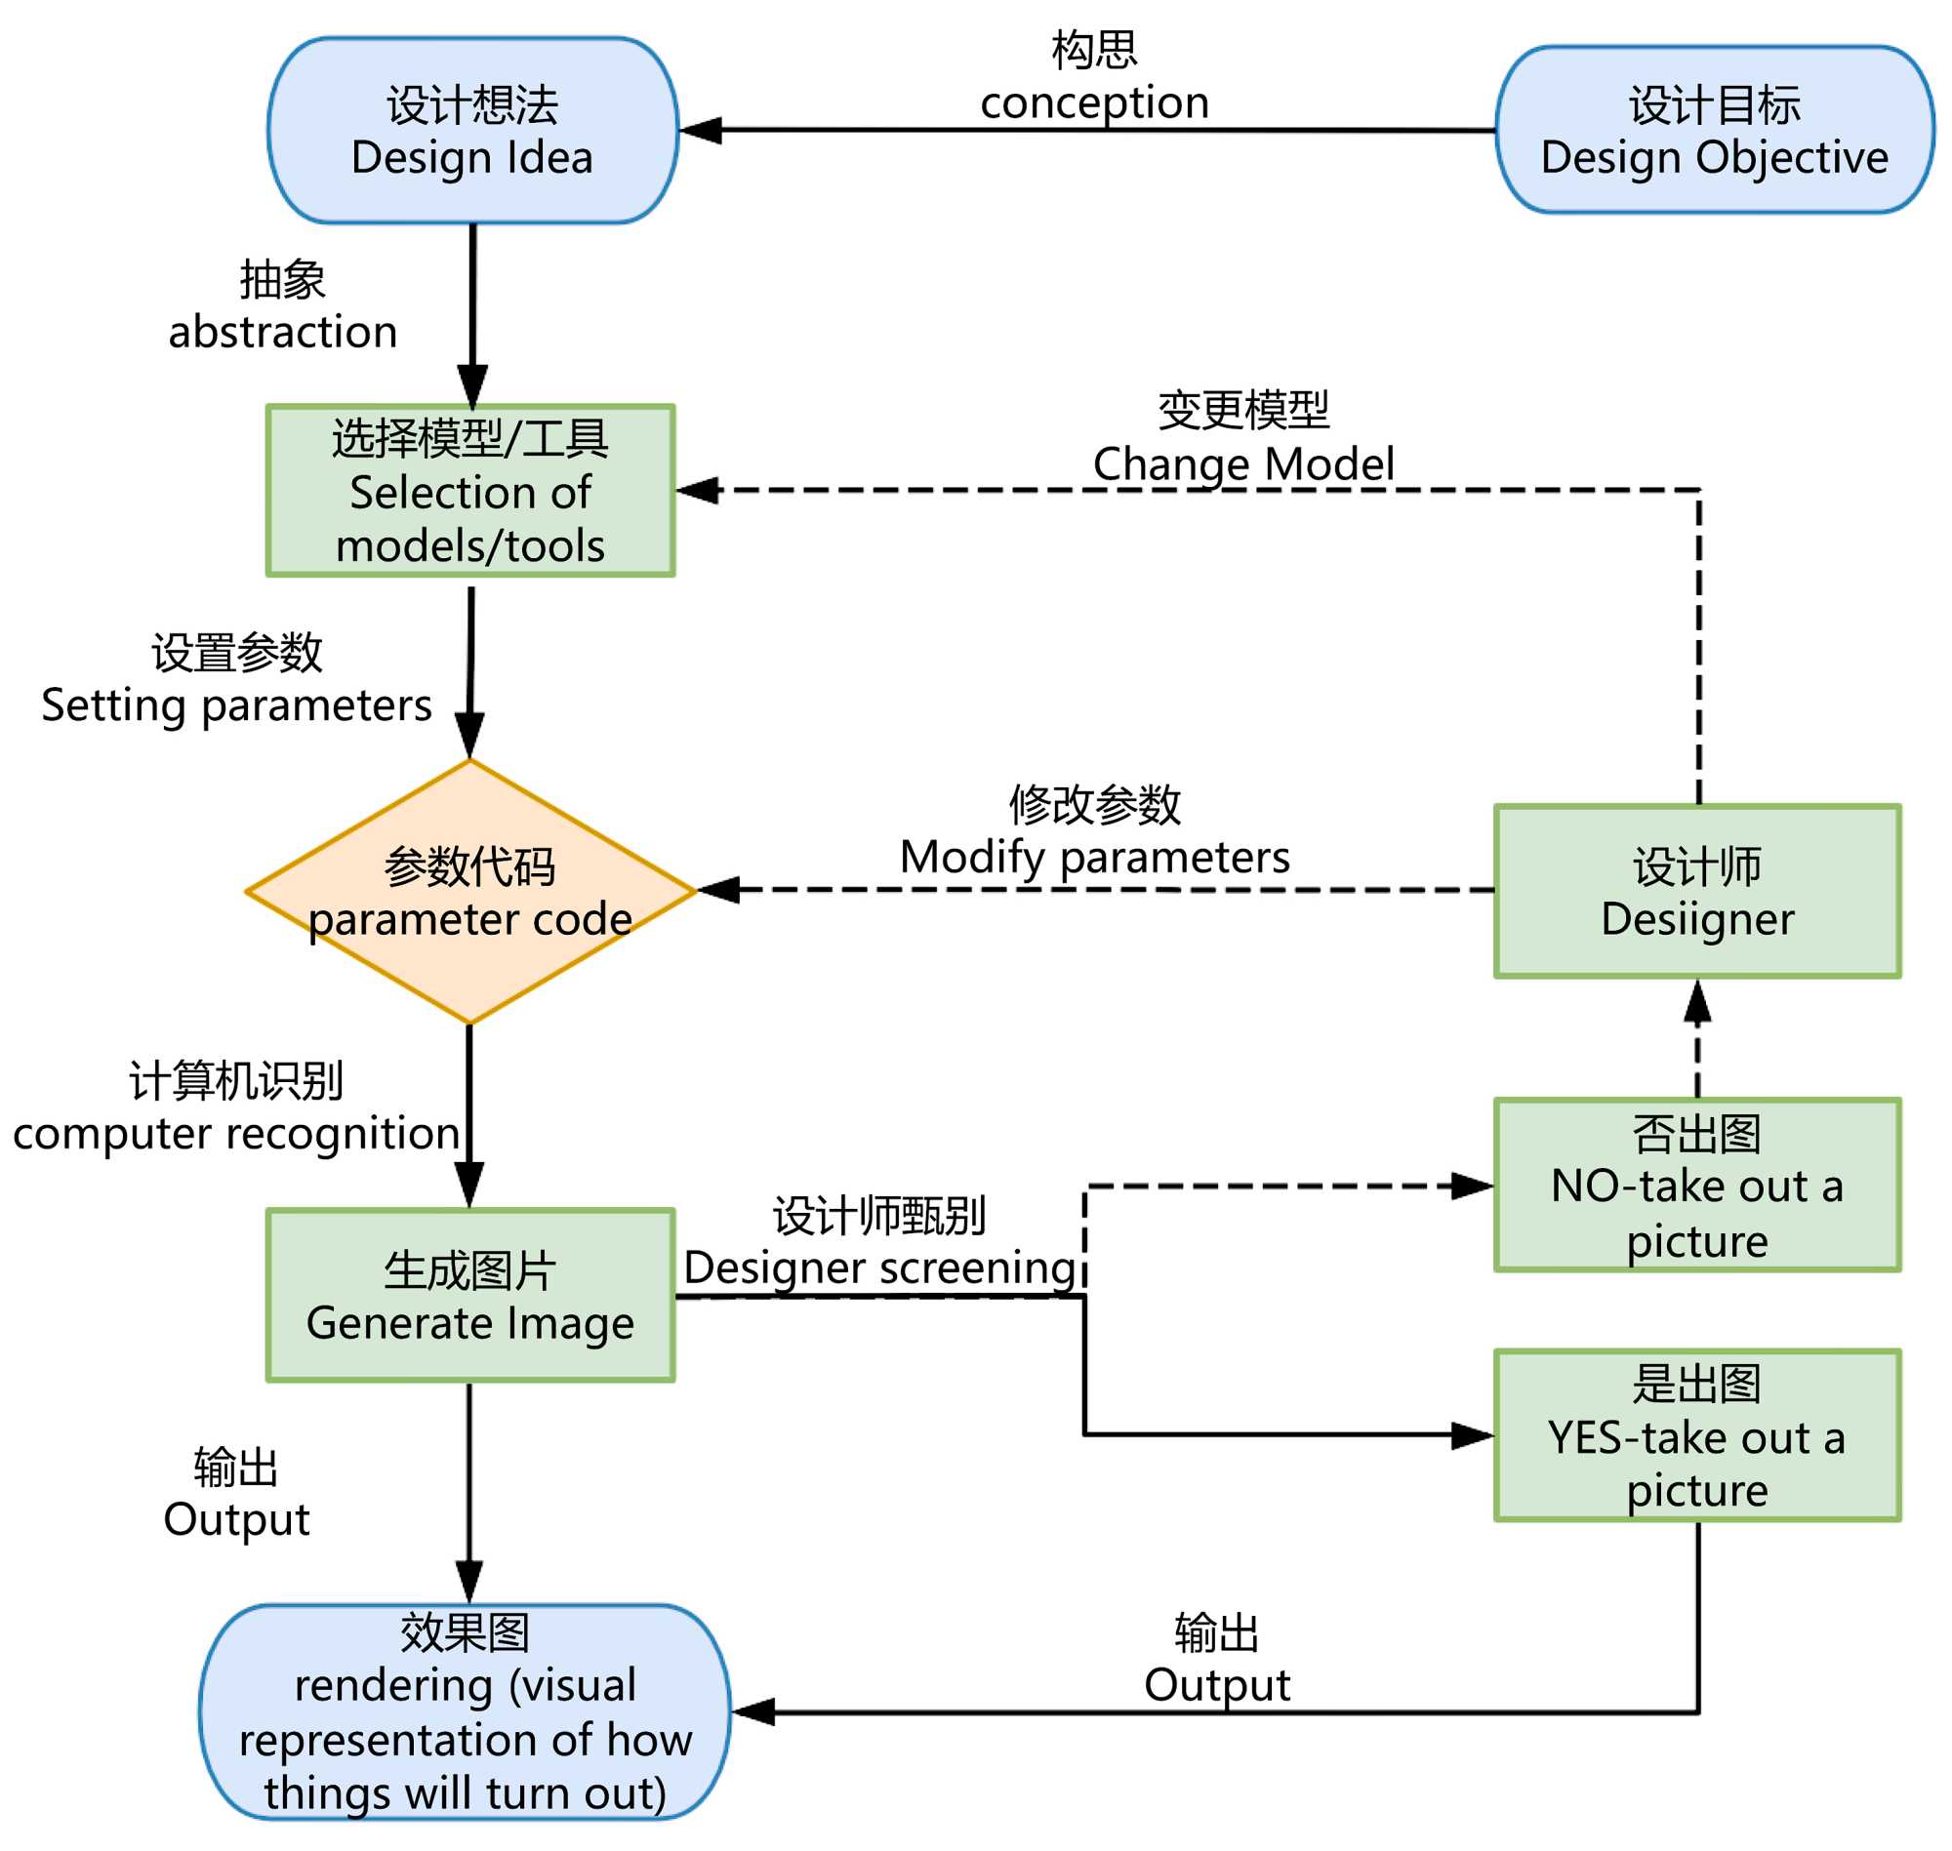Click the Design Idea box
tap(472, 131)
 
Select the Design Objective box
tap(1714, 131)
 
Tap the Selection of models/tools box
tap(470, 492)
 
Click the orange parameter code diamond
tap(470, 892)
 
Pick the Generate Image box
tap(470, 1297)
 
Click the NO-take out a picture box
tap(1697, 1186)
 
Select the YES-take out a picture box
tap(1697, 1436)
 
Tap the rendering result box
tap(465, 1712)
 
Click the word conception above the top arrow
tap(1094, 102)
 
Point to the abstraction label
tap(283, 332)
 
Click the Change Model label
tap(1243, 463)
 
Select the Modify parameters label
tap(1094, 858)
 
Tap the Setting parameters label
tap(237, 705)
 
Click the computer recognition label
tap(237, 1134)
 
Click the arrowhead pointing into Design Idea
tap(701, 130)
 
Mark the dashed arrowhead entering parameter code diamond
tap(719, 891)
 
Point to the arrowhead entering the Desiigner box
tap(1697, 1001)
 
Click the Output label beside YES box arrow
tap(1217, 1685)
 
